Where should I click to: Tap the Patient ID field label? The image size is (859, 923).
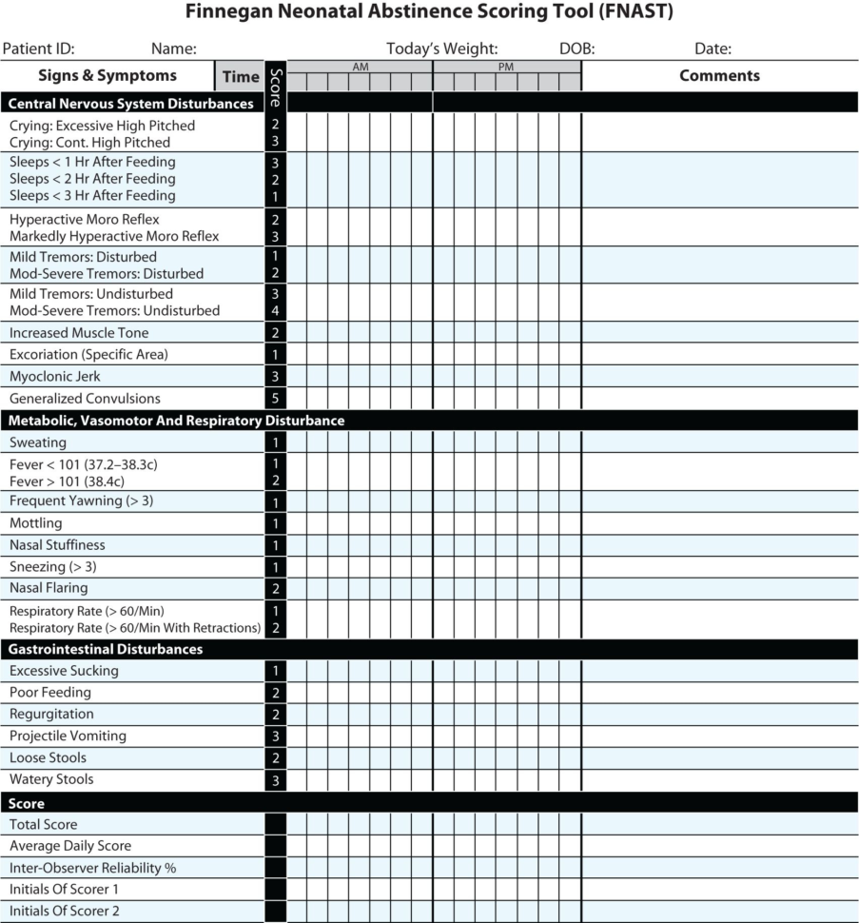coord(38,49)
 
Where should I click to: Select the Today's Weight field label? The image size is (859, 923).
coord(441,49)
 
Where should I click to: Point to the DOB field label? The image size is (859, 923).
coord(576,49)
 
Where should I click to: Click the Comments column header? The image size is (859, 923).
coord(719,76)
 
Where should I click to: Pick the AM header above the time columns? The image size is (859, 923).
coord(361,67)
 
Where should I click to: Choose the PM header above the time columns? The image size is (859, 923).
coord(506,67)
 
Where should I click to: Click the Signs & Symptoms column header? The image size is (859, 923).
coord(107,76)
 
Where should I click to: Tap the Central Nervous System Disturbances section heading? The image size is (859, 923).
coord(131,103)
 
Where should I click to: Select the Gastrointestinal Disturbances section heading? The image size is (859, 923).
coord(106,649)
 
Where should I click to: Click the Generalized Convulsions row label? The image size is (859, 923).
coord(85,399)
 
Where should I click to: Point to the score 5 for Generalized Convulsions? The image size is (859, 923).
coord(275,399)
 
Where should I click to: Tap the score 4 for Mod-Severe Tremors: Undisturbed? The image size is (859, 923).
coord(275,311)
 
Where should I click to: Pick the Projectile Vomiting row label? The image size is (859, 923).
coord(68,736)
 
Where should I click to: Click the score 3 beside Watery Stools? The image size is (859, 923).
coord(275,780)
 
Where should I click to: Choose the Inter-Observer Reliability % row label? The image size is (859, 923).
coord(92,868)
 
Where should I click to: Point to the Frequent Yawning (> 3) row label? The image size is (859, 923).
coord(81,501)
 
